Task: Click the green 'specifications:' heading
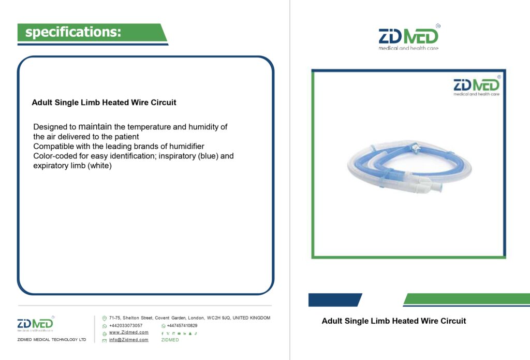coord(73,32)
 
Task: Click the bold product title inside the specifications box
coord(104,103)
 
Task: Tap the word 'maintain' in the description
coord(95,126)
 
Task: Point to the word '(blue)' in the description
coord(208,156)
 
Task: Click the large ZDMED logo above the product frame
coord(409,37)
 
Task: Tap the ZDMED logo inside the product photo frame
coord(477,86)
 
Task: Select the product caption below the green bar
coord(394,321)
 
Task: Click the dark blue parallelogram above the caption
coord(335,300)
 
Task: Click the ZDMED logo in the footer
coord(36,324)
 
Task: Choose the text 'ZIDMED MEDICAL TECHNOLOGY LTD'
coord(52,339)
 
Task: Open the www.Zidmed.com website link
coord(129,332)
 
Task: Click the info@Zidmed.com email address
coord(129,340)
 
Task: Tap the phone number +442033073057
coord(126,325)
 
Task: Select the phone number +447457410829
coord(182,325)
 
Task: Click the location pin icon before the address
coord(105,319)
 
